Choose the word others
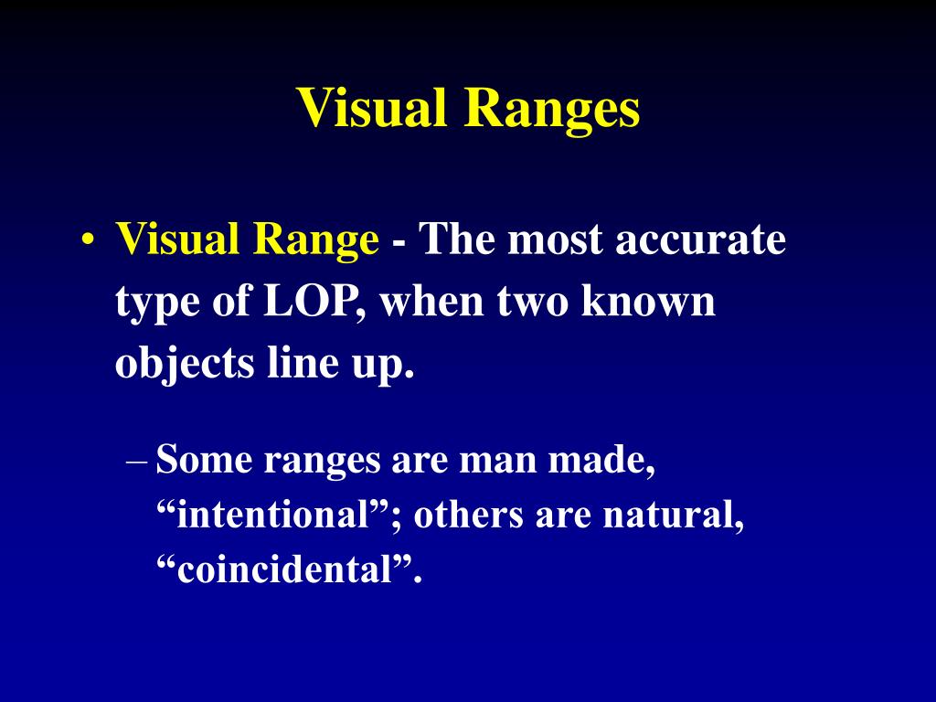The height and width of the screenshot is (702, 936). [468, 516]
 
